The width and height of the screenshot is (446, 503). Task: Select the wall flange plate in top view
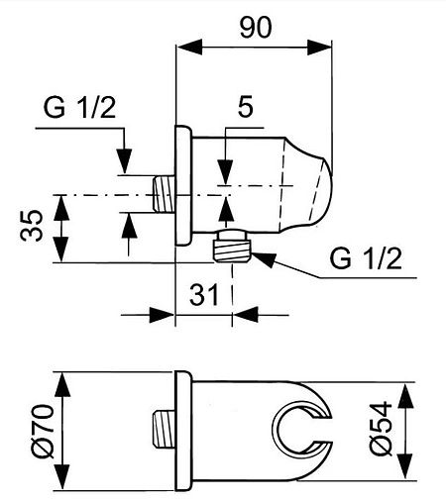(x=181, y=188)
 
